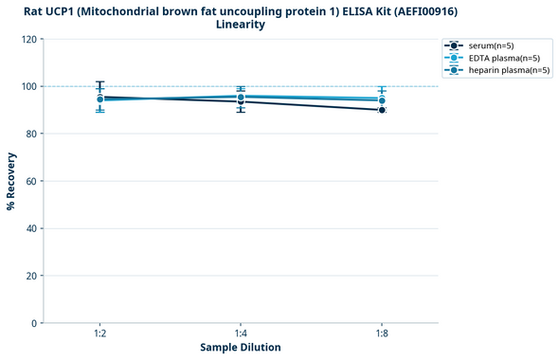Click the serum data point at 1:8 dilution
click(382, 110)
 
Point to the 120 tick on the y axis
click(30, 39)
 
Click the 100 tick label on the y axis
click(30, 86)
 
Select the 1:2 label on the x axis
click(99, 334)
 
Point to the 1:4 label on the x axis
click(241, 334)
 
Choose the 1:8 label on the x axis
click(382, 334)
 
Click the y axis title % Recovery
click(11, 181)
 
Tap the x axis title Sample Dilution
click(241, 348)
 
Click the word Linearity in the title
click(241, 25)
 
